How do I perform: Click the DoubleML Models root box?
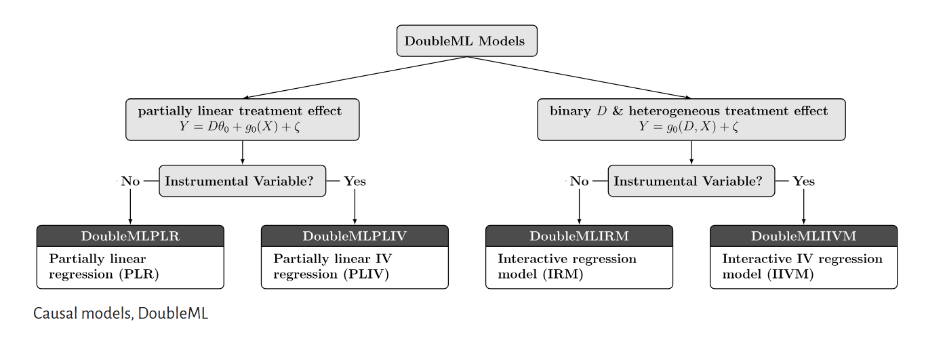click(x=466, y=41)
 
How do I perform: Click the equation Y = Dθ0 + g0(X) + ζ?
click(x=240, y=127)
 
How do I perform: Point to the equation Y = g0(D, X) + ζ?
click(x=688, y=127)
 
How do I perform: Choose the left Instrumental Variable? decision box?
click(x=242, y=181)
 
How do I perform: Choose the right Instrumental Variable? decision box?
click(x=691, y=181)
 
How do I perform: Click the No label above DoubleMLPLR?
click(x=130, y=181)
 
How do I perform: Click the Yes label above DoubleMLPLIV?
click(x=355, y=181)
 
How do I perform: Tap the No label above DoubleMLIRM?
click(x=579, y=181)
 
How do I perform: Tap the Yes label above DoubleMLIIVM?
click(x=803, y=181)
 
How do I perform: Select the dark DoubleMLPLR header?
click(x=130, y=236)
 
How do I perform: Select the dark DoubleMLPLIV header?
click(x=355, y=236)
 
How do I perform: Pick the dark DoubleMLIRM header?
click(x=579, y=236)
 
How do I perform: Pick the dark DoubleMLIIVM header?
click(x=803, y=236)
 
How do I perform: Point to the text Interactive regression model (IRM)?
click(x=567, y=266)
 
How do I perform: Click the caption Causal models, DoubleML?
click(x=121, y=314)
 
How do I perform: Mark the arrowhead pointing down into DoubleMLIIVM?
click(x=803, y=222)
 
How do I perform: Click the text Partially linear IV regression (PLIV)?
click(x=332, y=266)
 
